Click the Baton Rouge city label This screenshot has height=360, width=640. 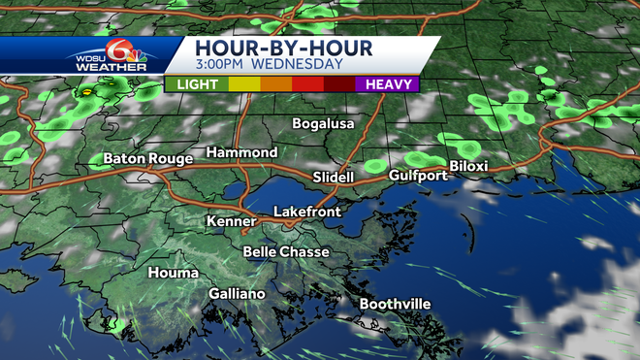(138, 158)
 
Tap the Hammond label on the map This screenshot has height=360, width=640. (241, 152)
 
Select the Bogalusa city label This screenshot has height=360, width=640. (324, 123)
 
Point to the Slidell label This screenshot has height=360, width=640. (334, 177)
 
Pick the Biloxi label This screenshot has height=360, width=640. (467, 166)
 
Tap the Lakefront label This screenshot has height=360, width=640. (305, 211)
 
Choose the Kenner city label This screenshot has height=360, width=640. (231, 221)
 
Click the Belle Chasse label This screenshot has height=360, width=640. (286, 251)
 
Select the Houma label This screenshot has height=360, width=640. (174, 273)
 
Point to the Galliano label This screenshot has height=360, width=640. (237, 293)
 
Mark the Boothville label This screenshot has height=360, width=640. (395, 304)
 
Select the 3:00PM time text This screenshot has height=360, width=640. (221, 65)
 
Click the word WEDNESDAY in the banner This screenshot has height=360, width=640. (299, 65)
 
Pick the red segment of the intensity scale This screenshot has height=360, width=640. (307, 84)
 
